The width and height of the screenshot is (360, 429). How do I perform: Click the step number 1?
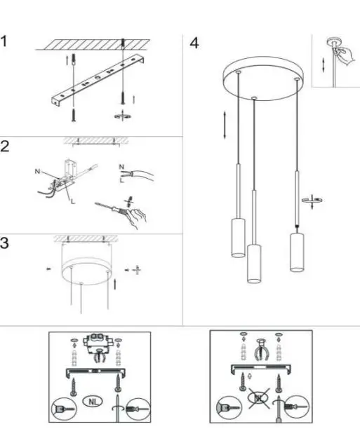coord(6,41)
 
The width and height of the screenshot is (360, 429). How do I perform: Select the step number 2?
coord(6,148)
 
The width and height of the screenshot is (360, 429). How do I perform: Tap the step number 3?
coord(6,243)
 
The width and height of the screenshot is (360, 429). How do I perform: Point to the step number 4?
coord(194,43)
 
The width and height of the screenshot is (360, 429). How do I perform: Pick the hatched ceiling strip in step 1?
coord(105,43)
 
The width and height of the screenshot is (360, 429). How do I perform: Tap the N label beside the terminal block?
coord(37,171)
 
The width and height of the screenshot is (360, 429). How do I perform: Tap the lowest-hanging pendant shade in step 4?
coord(254,263)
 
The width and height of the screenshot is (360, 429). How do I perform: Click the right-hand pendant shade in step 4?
coord(296,252)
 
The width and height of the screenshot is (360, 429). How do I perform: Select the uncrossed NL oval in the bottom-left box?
coord(91,402)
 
